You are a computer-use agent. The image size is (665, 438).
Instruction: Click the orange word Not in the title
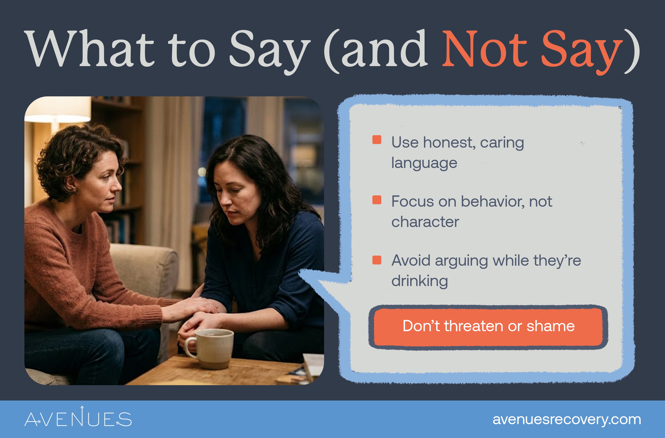click(x=484, y=50)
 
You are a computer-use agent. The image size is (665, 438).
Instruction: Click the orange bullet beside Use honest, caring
click(x=377, y=140)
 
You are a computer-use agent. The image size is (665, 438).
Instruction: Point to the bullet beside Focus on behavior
click(x=377, y=200)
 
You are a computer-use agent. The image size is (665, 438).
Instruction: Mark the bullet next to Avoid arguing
click(x=377, y=260)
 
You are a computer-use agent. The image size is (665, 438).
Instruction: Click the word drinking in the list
click(x=420, y=281)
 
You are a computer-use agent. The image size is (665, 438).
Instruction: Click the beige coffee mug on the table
click(x=213, y=348)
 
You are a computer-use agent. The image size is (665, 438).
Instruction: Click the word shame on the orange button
click(x=550, y=326)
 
